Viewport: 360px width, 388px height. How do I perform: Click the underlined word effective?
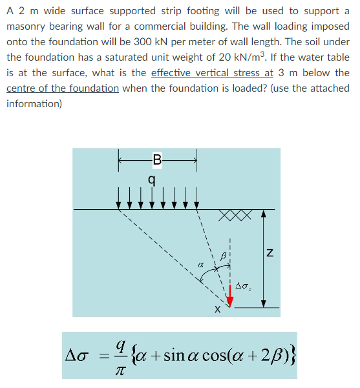click(173, 73)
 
